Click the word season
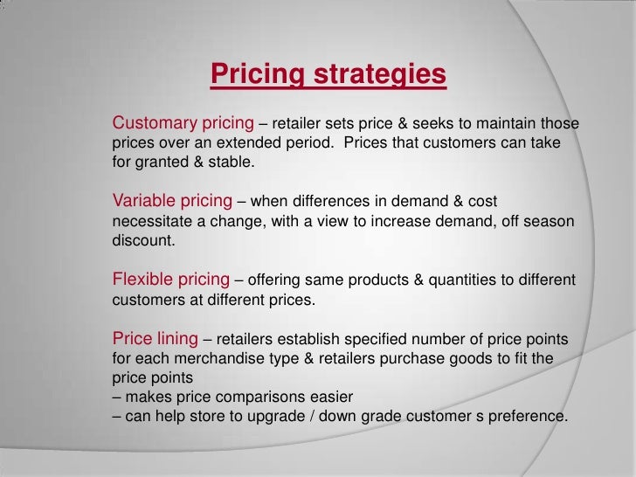[x=546, y=222]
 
